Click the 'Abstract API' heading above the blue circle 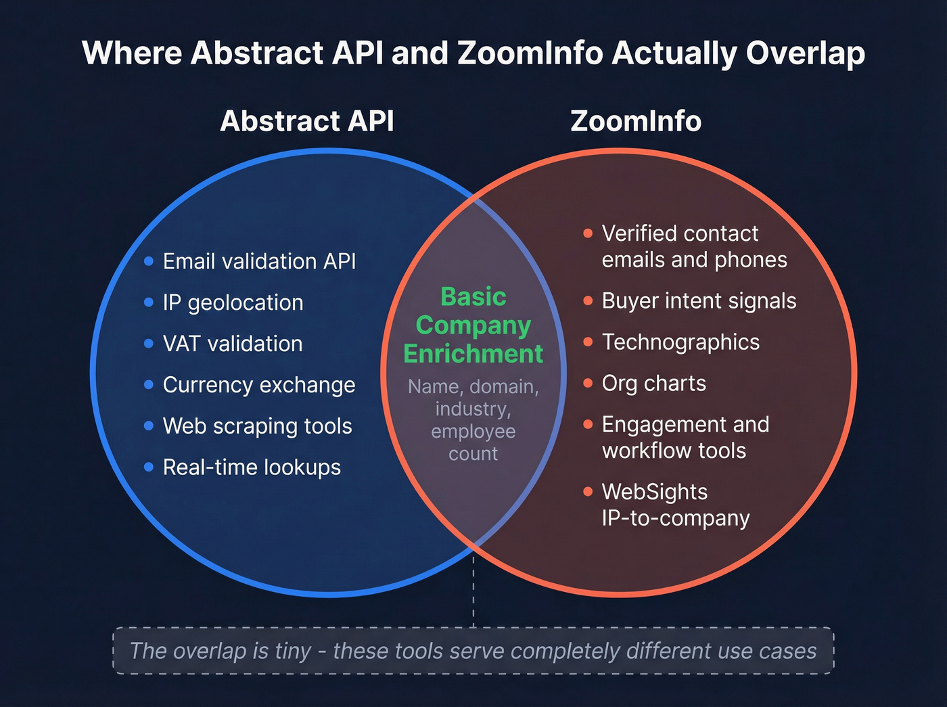point(307,121)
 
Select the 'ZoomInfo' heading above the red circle point(636,121)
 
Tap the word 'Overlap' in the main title point(805,53)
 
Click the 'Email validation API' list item point(259,261)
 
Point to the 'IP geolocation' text point(233,302)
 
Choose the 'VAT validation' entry point(232,344)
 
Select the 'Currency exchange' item point(258,385)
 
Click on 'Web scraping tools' point(257,426)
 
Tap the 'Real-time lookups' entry point(252,467)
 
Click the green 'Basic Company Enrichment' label point(473,325)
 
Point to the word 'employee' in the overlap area point(473,431)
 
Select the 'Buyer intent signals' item point(699,301)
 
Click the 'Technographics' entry point(680,342)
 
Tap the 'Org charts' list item point(653,384)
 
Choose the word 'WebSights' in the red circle point(654,492)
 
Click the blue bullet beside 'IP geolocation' point(149,302)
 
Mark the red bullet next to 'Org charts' point(588,384)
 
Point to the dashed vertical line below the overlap point(473,589)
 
